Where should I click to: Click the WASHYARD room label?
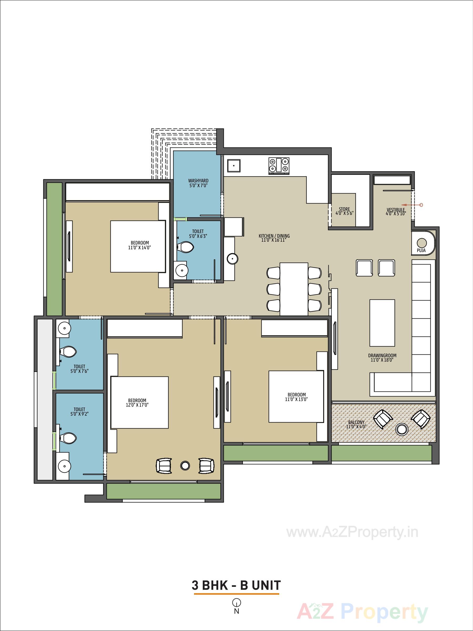coord(198,181)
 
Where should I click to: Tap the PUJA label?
coord(421,251)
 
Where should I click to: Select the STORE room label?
coord(344,209)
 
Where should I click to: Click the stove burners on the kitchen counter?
coord(279,166)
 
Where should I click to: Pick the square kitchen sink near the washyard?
coord(234,166)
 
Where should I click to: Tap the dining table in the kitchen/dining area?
coord(294,289)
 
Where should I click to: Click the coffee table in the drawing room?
coord(382,323)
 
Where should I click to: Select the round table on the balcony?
coord(402,429)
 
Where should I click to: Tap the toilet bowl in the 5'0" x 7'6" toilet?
coord(68,352)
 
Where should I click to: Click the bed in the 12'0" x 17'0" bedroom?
coord(139,402)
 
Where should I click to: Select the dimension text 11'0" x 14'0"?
coord(140,248)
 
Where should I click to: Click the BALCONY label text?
coord(356,422)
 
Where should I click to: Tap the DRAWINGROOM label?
coord(382,355)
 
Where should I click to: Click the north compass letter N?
coord(237,611)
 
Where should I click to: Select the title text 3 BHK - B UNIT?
coord(236,585)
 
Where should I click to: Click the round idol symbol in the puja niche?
coord(422,243)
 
